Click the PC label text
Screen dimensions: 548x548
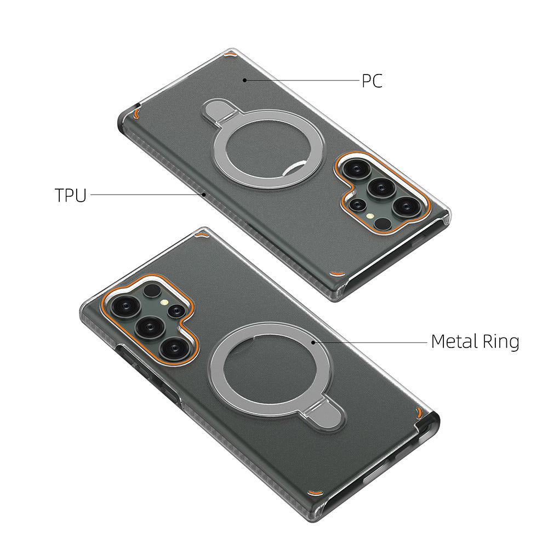(x=372, y=81)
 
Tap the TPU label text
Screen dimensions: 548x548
(x=71, y=195)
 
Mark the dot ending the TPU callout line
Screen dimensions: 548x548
(x=203, y=194)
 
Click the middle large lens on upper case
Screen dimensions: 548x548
(x=379, y=187)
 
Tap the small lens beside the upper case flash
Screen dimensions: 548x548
(x=358, y=204)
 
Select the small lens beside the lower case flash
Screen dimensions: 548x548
(x=176, y=311)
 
